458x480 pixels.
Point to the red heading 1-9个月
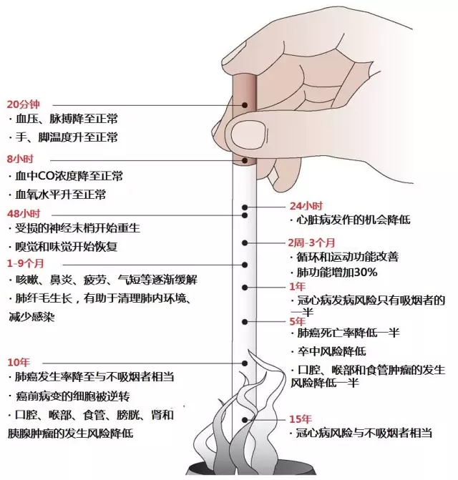[x=26, y=263]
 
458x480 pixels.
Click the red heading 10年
[x=19, y=359]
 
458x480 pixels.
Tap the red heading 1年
[x=297, y=285]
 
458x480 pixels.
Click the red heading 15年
[x=301, y=418]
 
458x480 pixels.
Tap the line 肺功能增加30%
[x=336, y=272]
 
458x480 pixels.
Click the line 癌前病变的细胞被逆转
[x=74, y=396]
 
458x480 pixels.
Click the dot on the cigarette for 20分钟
[x=245, y=105]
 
